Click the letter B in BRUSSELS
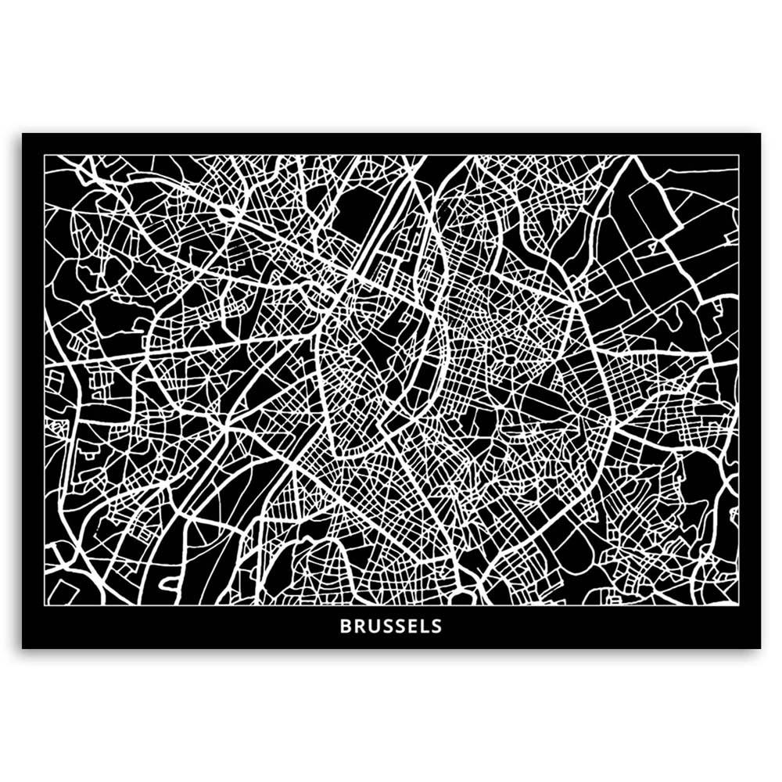(x=345, y=626)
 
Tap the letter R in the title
(x=359, y=626)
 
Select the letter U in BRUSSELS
(x=373, y=626)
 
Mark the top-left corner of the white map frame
(x=44, y=155)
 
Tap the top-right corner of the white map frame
(x=738, y=155)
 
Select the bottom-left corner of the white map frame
(x=44, y=604)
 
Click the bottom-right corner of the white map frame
(x=738, y=604)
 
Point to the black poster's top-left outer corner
(x=22, y=134)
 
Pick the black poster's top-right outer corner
(x=760, y=134)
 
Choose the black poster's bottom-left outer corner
(x=22, y=648)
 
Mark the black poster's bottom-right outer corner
(x=760, y=648)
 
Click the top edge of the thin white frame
(x=391, y=155)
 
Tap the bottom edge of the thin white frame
(x=391, y=604)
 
